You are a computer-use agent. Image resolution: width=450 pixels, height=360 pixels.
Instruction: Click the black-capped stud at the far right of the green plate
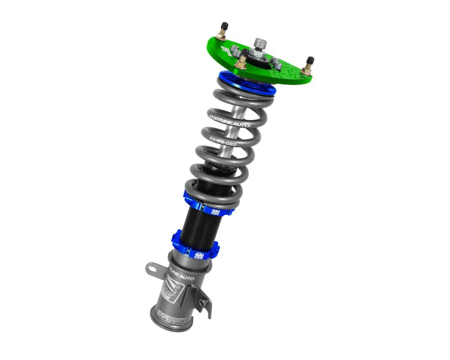point(309,61)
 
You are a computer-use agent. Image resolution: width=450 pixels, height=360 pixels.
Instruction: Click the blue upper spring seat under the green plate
point(245,85)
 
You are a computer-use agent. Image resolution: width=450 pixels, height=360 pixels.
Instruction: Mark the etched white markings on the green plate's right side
point(288,67)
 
